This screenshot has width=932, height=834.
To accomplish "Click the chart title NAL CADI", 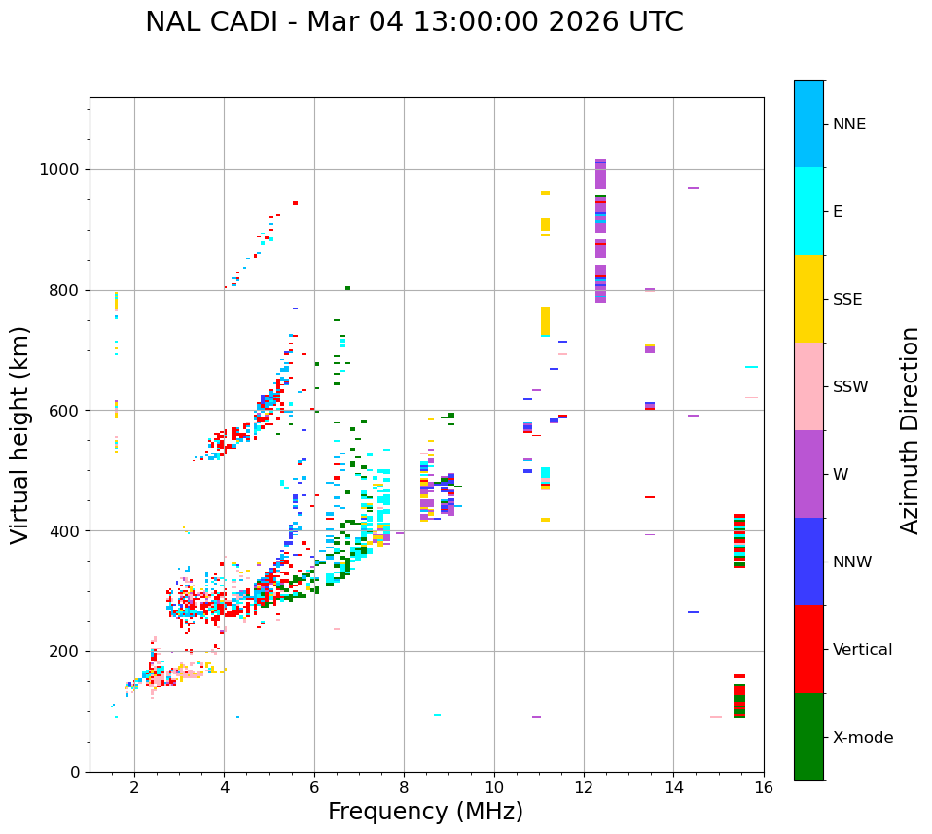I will [413, 22].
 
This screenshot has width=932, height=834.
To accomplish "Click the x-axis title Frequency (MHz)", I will [425, 812].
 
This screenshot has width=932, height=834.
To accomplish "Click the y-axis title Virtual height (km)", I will [20, 435].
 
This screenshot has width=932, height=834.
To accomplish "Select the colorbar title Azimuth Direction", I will [910, 430].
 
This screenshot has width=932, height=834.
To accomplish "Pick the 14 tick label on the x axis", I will [673, 786].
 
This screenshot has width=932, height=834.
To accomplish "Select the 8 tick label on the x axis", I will [404, 786].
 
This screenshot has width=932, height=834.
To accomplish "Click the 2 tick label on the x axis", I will [134, 786].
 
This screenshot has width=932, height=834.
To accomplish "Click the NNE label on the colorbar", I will [848, 125].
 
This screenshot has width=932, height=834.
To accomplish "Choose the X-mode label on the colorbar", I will [862, 738].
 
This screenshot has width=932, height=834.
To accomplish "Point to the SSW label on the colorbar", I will [850, 387].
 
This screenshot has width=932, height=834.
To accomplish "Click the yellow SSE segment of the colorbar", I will [808, 299].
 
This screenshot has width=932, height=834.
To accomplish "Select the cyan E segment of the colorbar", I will [808, 211].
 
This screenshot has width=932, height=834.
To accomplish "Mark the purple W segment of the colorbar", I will [808, 474].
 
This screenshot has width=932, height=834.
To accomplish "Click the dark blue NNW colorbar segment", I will [808, 562].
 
